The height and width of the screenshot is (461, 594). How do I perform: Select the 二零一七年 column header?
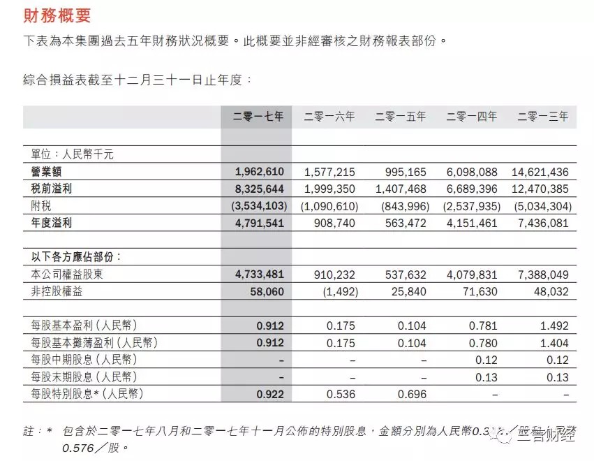point(258,117)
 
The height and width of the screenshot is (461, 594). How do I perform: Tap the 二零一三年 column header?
point(542,117)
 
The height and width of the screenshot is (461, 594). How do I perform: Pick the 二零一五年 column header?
point(400,117)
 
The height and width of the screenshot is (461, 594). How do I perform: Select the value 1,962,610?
point(256,172)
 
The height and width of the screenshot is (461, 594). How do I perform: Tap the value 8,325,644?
point(256,189)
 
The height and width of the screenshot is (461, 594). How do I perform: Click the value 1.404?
point(555,343)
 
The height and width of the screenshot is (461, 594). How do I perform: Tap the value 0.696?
point(411,395)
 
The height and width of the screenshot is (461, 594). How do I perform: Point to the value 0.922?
point(271,395)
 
